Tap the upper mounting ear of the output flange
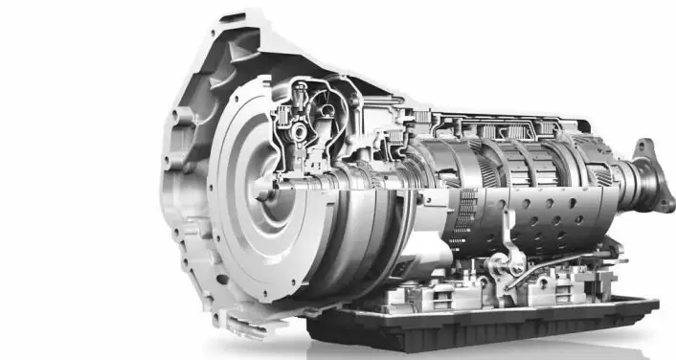[x=644, y=148]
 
